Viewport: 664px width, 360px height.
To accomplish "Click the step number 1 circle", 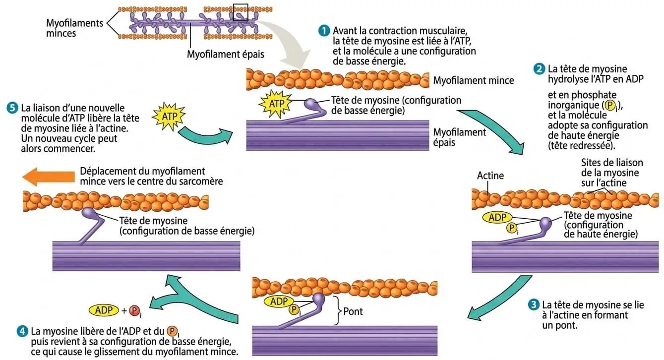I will pos(324,30).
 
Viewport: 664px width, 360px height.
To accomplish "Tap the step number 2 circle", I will pos(539,69).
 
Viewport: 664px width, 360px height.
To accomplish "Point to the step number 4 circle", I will pos(22,331).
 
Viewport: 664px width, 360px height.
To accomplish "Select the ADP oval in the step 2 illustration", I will pos(497,217).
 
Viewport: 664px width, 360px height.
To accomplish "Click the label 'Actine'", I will pos(490,176).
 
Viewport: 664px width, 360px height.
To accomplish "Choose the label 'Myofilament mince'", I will pos(473,80).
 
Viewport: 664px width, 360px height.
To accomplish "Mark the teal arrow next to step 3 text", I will pos(496,298).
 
